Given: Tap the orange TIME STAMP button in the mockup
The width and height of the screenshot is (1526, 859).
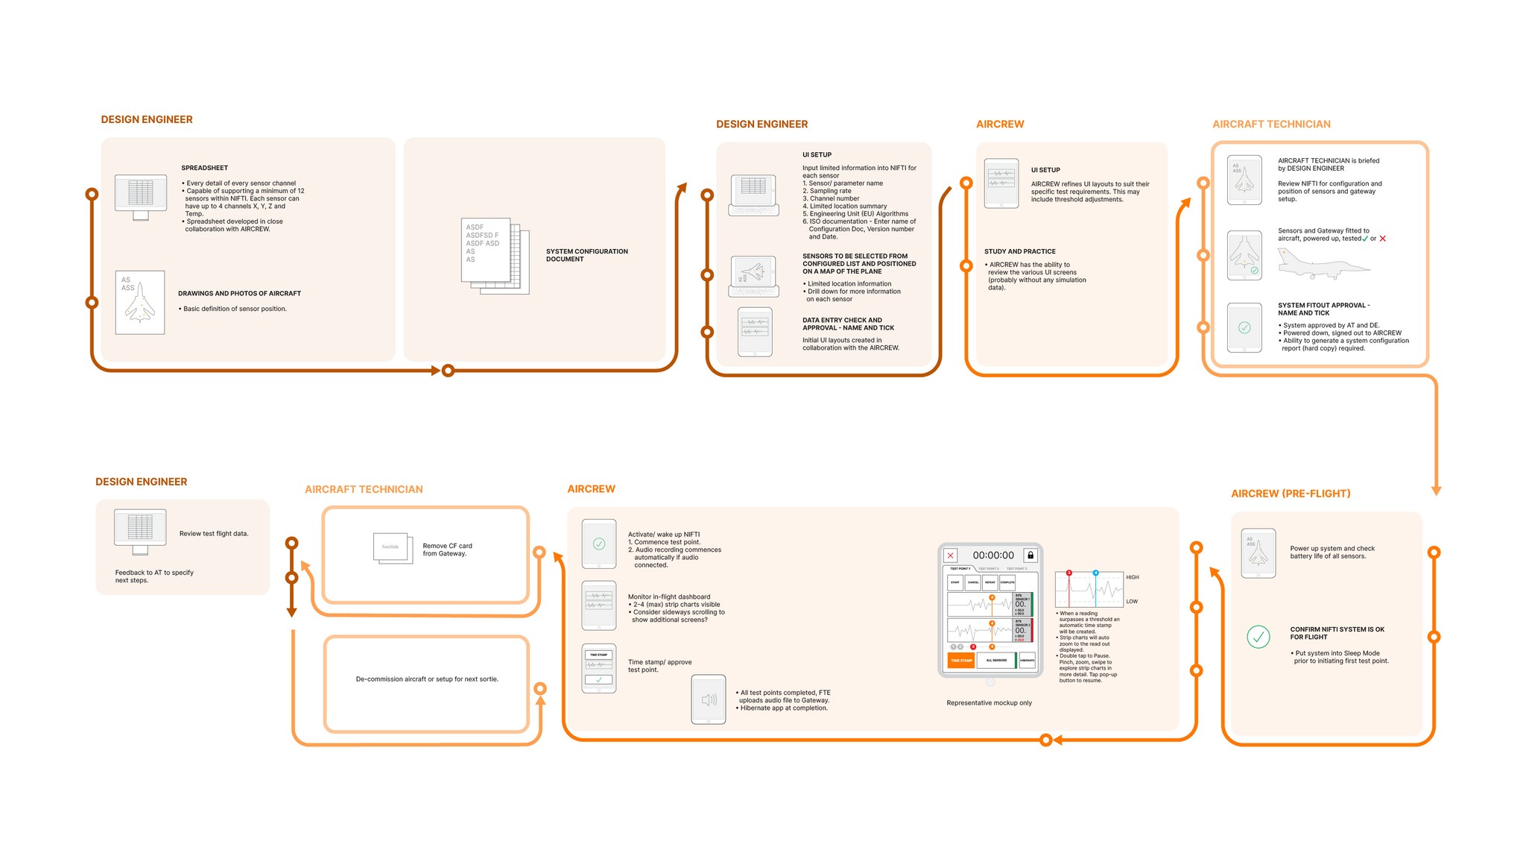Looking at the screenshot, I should click(961, 660).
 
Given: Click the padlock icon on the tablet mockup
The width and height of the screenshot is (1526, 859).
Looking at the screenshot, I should click(1030, 555).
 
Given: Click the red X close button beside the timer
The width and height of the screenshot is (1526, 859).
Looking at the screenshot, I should click(950, 556).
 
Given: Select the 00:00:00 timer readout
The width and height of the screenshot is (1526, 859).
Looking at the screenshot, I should click(992, 556).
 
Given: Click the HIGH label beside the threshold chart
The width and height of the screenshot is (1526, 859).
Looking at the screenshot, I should click(1132, 577).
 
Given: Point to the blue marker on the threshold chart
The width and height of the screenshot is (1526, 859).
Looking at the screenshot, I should click(1095, 573).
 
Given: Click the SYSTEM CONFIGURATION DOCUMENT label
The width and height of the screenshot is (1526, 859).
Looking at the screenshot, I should click(586, 255).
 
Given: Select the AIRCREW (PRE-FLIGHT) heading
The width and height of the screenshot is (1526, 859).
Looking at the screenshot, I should click(1291, 494).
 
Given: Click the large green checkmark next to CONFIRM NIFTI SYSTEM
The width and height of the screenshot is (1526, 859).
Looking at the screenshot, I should click(1258, 637).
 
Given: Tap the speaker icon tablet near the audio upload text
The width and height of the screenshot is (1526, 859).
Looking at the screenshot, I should click(709, 699).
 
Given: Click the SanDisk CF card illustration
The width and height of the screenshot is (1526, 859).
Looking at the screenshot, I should click(392, 547).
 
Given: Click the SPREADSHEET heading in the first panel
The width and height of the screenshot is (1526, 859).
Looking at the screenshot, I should click(204, 168).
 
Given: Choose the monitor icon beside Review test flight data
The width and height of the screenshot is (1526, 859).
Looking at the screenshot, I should click(140, 531).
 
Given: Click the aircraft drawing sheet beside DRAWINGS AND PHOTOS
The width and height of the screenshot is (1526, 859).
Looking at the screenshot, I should click(140, 302).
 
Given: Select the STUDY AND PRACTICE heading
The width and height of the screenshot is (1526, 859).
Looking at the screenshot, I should click(1019, 251).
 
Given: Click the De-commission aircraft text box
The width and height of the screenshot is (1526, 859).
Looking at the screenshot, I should click(426, 679).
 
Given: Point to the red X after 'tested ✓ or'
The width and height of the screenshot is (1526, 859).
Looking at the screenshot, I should click(1383, 239).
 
